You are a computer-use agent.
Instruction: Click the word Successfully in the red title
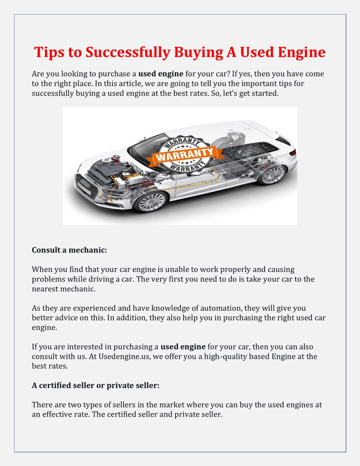tap(127, 53)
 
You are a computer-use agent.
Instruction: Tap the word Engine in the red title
tap(302, 53)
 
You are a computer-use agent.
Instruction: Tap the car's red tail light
tap(292, 152)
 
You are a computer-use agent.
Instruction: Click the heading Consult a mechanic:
tap(69, 250)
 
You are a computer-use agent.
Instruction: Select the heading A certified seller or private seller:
tap(95, 385)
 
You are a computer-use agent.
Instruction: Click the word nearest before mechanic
tap(45, 289)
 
